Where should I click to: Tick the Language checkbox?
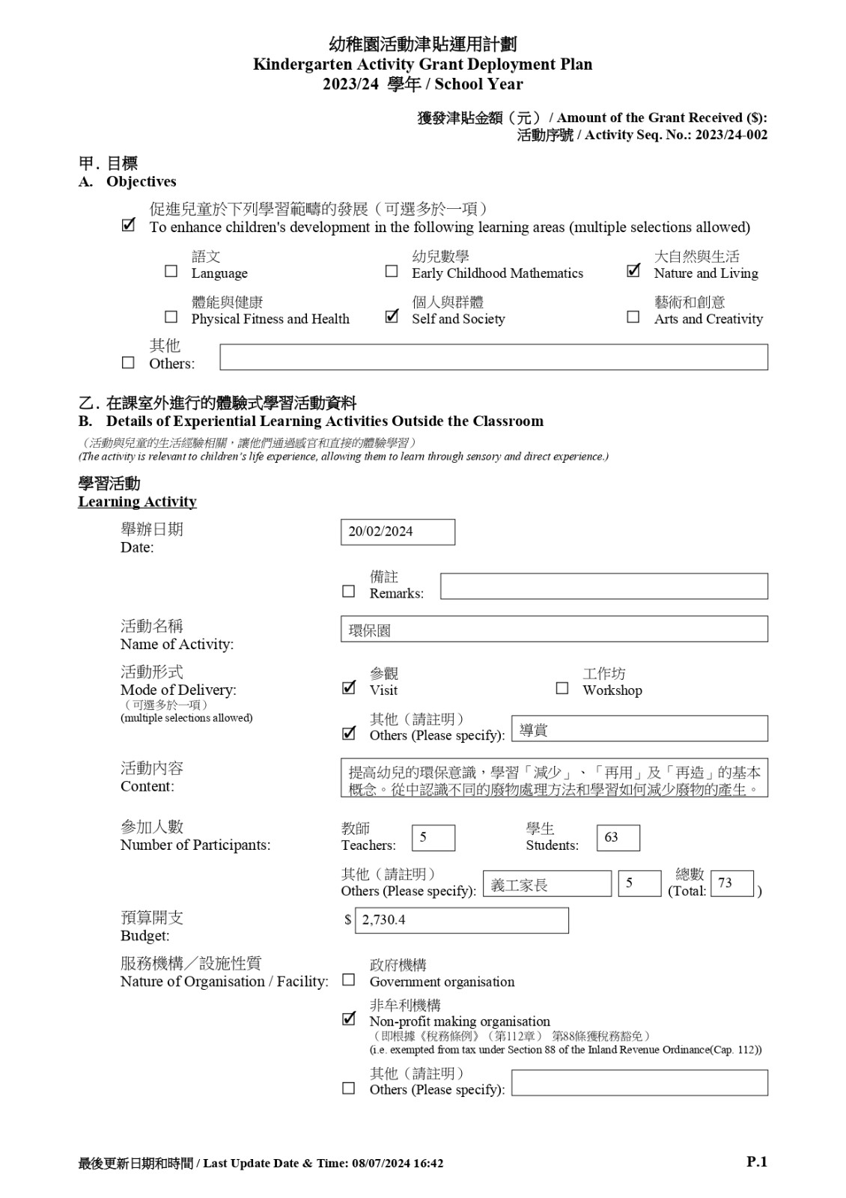(x=171, y=271)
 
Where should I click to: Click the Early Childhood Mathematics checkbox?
(x=392, y=271)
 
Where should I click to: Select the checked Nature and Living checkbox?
(x=633, y=271)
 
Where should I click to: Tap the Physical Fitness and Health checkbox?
(x=171, y=317)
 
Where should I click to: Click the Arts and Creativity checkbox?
(x=633, y=317)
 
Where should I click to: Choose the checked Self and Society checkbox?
(x=392, y=317)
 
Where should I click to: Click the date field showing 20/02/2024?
(x=398, y=532)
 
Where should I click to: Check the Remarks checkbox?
(x=349, y=592)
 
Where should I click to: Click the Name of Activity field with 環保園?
(x=554, y=630)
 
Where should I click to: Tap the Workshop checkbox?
(x=562, y=688)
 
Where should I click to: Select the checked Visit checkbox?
(x=349, y=688)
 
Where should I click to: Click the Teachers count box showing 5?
(x=433, y=838)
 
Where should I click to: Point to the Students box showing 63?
(x=618, y=838)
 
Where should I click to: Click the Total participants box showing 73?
(x=731, y=884)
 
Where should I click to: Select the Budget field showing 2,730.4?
(x=461, y=920)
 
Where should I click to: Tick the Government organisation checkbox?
(x=349, y=980)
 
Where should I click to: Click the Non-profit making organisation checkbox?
(x=349, y=1019)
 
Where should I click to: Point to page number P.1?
(x=757, y=1161)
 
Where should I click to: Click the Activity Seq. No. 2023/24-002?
(x=731, y=135)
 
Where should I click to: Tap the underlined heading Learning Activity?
(x=138, y=502)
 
